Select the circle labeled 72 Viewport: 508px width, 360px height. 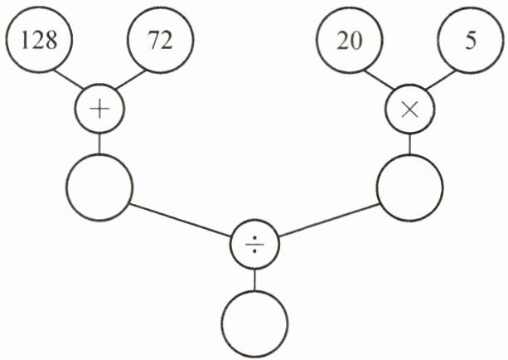point(160,41)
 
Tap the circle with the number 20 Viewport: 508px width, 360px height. point(351,41)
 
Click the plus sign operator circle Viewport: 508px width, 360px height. point(99,111)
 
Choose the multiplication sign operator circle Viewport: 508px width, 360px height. point(410,111)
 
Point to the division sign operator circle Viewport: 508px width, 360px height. point(254,245)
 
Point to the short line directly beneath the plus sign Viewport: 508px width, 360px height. point(99,144)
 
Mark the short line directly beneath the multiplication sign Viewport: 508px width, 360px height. point(410,144)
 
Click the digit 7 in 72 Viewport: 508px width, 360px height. point(154,41)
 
